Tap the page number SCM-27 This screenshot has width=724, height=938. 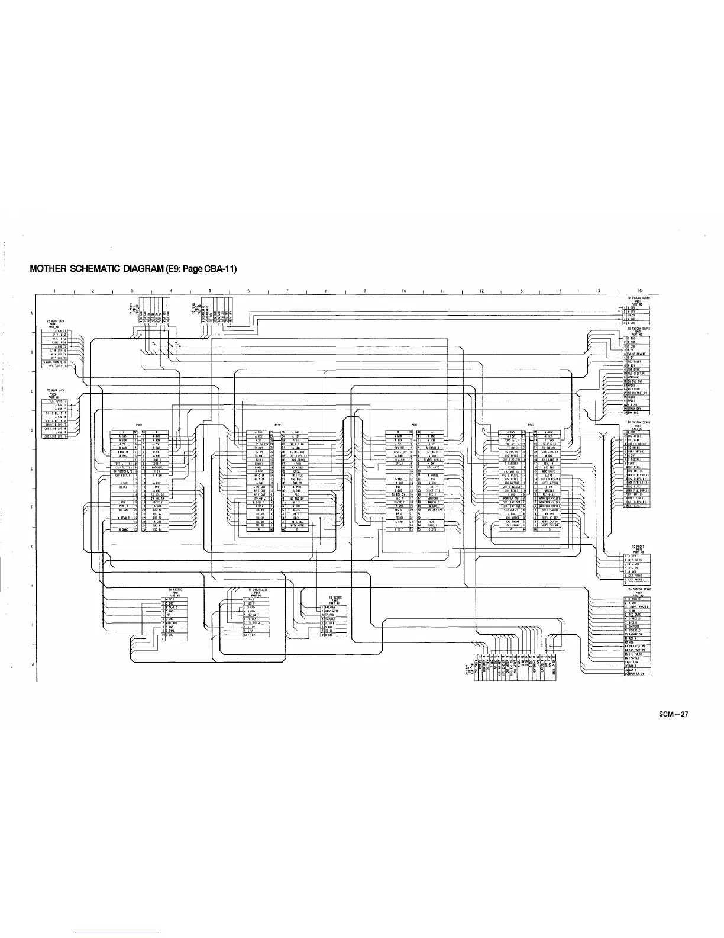(673, 714)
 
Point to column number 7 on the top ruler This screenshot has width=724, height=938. (287, 291)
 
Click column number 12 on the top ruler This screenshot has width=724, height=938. (481, 291)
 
